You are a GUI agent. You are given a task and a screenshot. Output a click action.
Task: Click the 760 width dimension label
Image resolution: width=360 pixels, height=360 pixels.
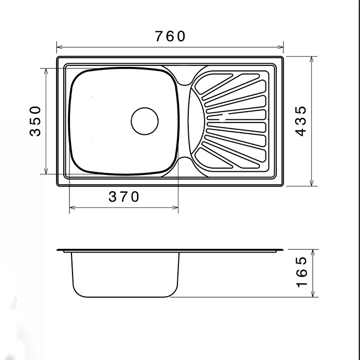pos(170,37)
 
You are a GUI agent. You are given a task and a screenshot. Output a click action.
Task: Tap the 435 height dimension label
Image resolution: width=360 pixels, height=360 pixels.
pos(300,121)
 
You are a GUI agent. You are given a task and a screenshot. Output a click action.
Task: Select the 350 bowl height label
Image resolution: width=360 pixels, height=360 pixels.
pos(35,121)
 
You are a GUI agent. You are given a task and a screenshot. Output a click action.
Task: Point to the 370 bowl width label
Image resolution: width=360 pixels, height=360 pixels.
pos(123,197)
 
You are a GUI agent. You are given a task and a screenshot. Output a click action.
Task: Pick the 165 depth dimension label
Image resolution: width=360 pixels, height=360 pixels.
pos(301,272)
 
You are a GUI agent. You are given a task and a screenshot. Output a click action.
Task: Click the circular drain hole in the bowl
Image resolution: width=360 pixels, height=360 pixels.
pos(145,121)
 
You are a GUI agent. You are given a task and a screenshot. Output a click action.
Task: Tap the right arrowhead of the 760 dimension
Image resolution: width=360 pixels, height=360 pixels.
pos(280,47)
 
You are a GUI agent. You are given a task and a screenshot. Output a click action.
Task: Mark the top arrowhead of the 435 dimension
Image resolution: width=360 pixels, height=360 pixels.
pos(312,60)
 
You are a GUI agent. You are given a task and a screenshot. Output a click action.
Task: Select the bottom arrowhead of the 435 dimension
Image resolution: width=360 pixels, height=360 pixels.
pos(312,183)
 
